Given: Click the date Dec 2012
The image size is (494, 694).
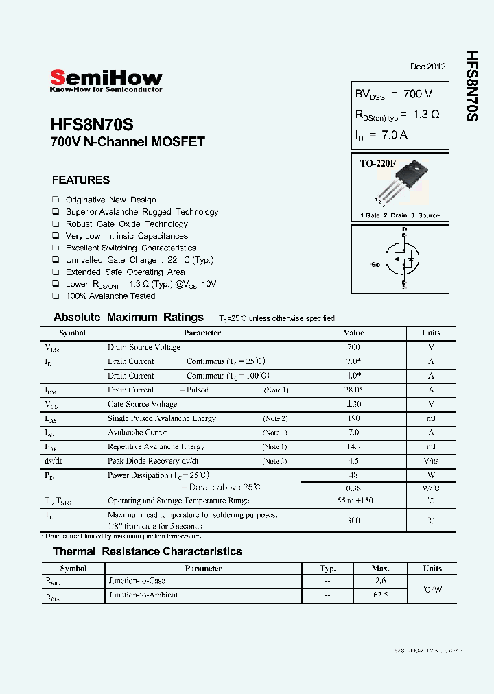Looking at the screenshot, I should coord(427,67).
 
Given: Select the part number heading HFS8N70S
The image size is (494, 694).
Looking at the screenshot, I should coord(92,125).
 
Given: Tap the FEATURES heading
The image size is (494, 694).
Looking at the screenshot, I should coord(81,180).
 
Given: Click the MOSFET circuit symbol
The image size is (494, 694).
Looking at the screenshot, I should coord(401,259).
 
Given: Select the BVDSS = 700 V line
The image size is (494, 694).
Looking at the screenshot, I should coord(393,93).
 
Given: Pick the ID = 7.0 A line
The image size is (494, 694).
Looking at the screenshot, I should coord(381,135).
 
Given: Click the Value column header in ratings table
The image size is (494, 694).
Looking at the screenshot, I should coord(353,333).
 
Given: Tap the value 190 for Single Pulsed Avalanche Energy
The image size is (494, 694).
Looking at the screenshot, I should coord(353,418).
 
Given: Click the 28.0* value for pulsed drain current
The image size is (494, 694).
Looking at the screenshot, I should coord(353,390).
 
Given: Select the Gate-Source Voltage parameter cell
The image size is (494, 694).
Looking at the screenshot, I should coord(142,404).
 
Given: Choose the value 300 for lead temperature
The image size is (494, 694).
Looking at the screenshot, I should coord(353,520).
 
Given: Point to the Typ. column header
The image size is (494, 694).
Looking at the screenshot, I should coord(328,569).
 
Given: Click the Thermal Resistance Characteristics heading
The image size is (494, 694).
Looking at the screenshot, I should coord(147,551).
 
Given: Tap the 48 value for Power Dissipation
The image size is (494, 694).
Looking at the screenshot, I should coord(353,475).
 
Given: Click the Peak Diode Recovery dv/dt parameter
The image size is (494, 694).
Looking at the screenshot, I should coord(153,461).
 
